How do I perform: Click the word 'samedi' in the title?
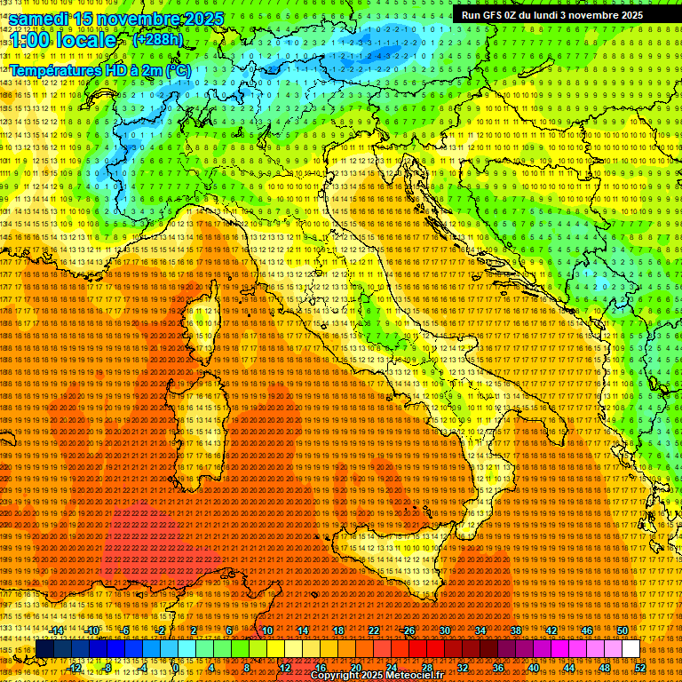coord(39,19)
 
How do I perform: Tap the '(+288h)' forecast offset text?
coord(158,40)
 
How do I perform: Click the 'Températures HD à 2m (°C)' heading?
coord(101,69)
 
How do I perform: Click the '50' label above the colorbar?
coord(622,630)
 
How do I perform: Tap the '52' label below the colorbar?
coord(640,667)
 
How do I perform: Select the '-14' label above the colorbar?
coord(57,630)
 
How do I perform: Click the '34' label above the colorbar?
coord(480,630)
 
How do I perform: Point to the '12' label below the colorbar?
coord(285,667)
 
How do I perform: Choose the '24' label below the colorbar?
coord(392,667)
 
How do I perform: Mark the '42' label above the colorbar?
coord(551,630)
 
